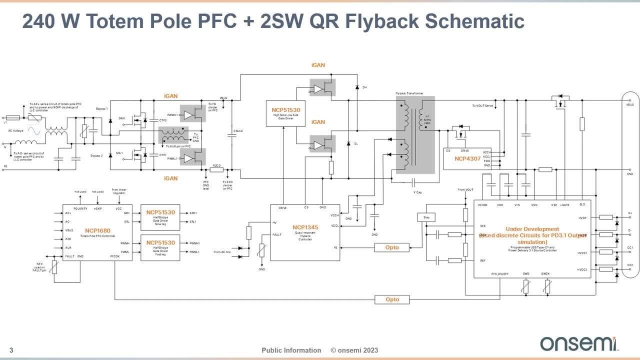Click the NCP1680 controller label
97,230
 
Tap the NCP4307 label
467,158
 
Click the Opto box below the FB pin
392,247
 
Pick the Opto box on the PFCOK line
392,299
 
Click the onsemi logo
578,343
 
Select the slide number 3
11,350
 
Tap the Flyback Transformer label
409,93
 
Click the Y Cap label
417,192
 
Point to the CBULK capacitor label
238,131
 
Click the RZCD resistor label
216,165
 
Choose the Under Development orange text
532,229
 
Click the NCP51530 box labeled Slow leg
160,216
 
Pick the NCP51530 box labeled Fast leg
160,247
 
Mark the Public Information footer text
291,350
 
